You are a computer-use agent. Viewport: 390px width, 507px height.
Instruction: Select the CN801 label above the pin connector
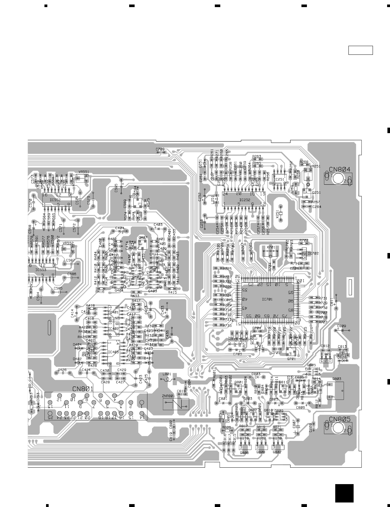click(x=83, y=389)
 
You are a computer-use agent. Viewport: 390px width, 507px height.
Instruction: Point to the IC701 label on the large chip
click(x=267, y=299)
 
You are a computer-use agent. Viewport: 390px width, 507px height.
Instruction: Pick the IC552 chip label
click(x=55, y=200)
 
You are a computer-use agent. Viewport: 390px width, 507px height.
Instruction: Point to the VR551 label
click(x=84, y=172)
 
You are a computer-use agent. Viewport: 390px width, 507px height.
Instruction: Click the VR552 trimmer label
click(x=68, y=243)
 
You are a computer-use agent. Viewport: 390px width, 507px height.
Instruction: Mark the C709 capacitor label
click(x=160, y=149)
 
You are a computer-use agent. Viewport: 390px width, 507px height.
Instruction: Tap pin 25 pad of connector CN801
click(x=50, y=413)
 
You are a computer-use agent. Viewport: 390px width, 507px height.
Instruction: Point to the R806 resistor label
click(x=226, y=427)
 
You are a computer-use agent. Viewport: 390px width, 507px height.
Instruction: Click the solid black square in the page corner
click(x=344, y=493)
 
